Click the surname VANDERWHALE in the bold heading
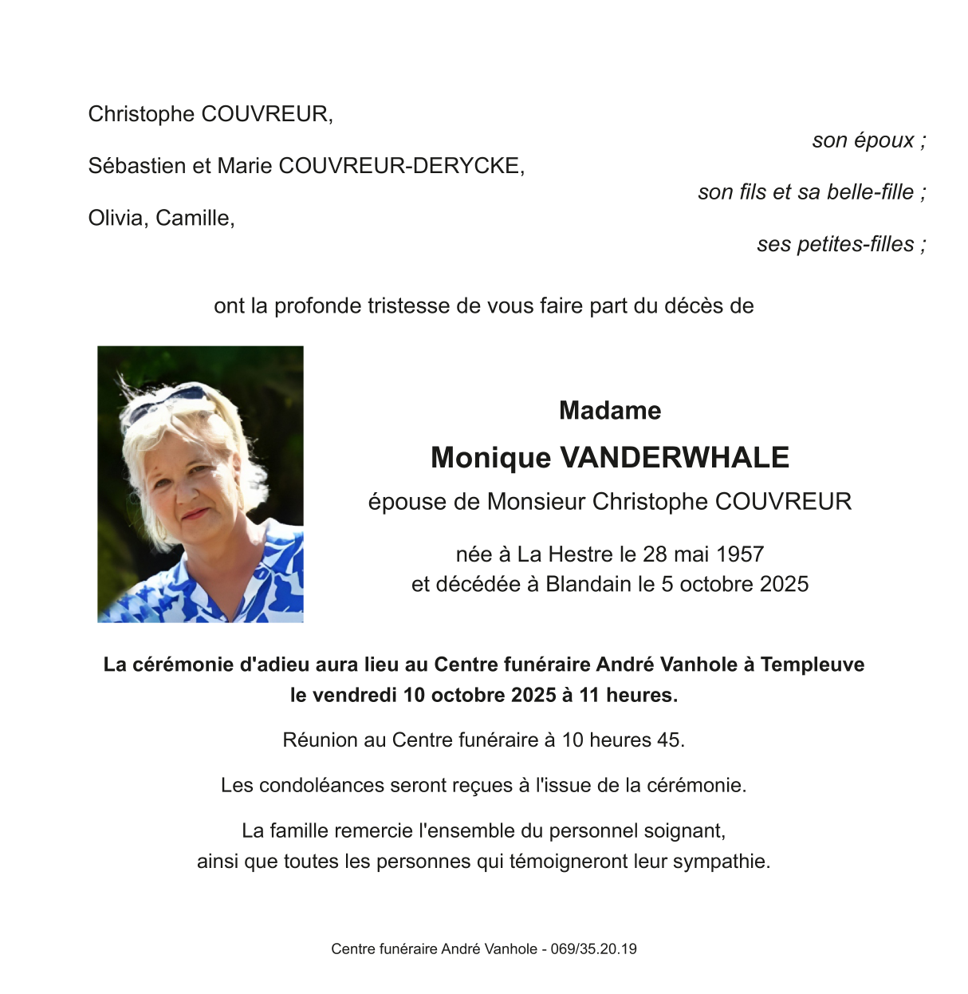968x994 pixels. click(675, 458)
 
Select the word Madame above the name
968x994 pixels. click(610, 411)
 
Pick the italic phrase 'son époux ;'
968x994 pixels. click(868, 140)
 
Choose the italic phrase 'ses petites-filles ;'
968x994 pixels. click(840, 244)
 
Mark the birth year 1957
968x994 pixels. click(741, 554)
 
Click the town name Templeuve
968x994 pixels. click(812, 665)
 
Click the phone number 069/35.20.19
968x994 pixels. click(593, 949)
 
